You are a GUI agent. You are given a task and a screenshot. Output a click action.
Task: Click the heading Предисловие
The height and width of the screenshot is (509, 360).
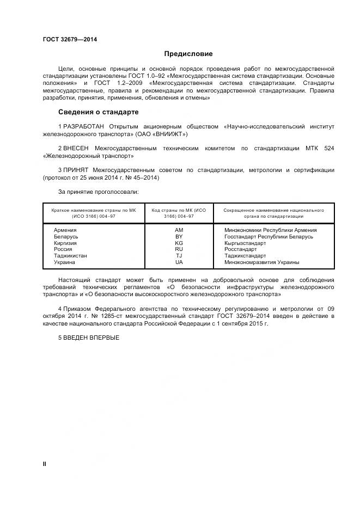[x=188, y=54]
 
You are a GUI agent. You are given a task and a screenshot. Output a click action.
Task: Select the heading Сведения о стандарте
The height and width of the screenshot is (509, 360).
[x=98, y=112]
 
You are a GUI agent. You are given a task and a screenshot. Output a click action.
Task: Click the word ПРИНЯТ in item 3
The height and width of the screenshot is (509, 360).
[x=76, y=170]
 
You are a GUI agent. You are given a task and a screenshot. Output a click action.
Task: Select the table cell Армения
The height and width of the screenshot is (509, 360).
[x=65, y=230]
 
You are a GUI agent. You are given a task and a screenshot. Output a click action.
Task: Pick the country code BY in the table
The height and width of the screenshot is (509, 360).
[x=179, y=237]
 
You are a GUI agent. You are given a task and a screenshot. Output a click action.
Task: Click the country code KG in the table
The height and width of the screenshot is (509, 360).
[x=179, y=243]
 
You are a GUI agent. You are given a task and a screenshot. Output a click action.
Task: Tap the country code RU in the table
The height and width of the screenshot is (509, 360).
[x=179, y=249]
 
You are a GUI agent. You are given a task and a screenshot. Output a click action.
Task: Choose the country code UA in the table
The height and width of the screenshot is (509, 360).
[x=179, y=262]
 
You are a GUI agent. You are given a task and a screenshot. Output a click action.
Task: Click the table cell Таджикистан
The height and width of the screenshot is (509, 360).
[x=70, y=256]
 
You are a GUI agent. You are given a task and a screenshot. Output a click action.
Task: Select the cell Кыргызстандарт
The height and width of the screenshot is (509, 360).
[x=245, y=243]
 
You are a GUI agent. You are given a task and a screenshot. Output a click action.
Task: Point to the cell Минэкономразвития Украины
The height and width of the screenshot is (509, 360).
[x=261, y=262]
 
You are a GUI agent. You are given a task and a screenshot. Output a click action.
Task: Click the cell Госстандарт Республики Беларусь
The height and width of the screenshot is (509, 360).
[x=269, y=237]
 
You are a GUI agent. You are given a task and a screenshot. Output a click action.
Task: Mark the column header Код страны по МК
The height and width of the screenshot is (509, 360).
[x=179, y=213]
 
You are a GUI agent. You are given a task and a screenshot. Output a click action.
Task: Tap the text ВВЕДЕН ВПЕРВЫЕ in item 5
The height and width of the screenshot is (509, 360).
[x=91, y=337]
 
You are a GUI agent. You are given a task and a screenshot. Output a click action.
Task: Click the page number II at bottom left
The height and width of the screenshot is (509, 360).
[x=45, y=464]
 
